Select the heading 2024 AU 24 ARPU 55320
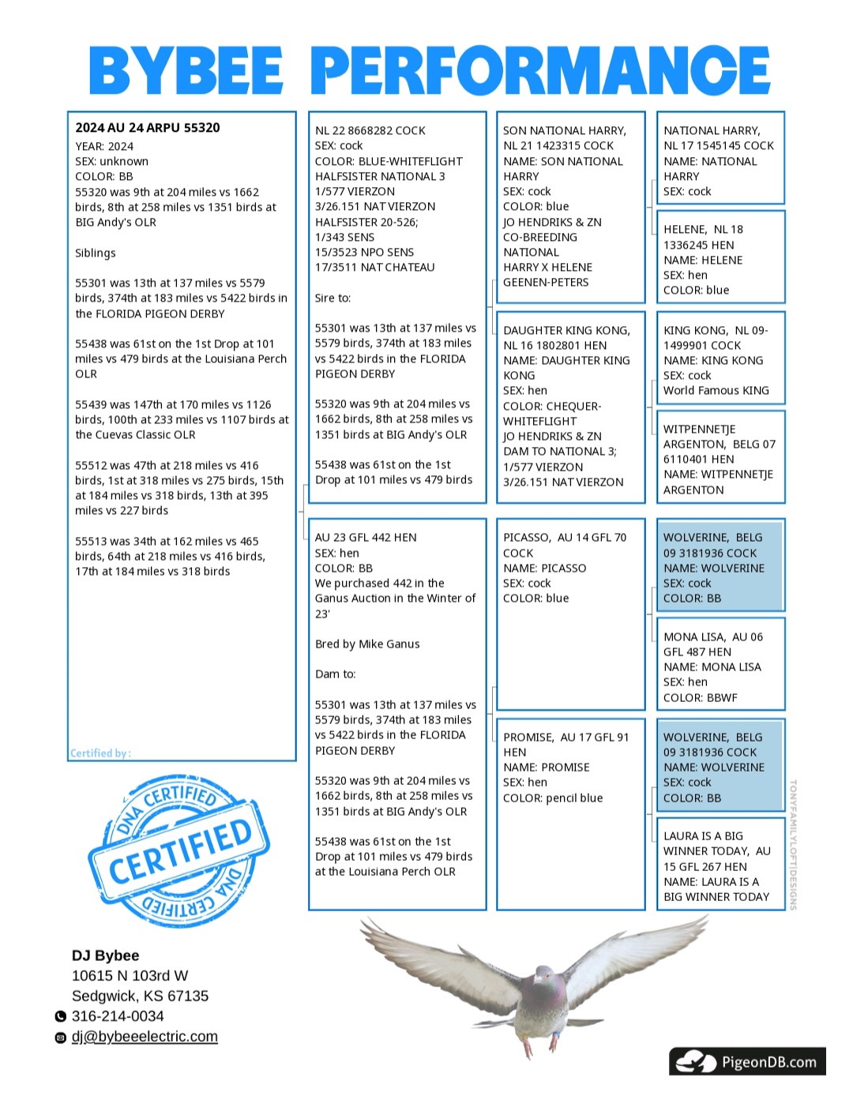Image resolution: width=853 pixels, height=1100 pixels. (x=148, y=128)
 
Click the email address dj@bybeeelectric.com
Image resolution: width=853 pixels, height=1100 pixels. (x=145, y=1037)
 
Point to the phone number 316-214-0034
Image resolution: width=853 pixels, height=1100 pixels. (x=118, y=1016)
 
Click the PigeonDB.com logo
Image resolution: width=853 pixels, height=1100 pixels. (x=747, y=1062)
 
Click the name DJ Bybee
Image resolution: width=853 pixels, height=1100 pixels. (x=105, y=955)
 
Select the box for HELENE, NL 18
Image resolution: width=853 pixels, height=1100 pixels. (x=720, y=259)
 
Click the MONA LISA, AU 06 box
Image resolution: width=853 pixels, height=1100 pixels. (x=720, y=666)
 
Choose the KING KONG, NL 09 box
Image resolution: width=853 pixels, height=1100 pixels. (x=720, y=360)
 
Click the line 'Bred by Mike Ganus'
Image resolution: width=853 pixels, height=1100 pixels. (x=367, y=644)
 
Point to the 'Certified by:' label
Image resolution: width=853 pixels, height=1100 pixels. (x=100, y=753)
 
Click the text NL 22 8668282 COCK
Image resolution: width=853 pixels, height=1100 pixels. (x=370, y=131)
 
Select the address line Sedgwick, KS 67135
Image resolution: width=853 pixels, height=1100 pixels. (x=140, y=996)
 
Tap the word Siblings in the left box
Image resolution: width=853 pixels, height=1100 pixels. (x=96, y=253)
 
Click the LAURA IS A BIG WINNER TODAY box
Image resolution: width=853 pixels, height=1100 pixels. (x=720, y=865)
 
